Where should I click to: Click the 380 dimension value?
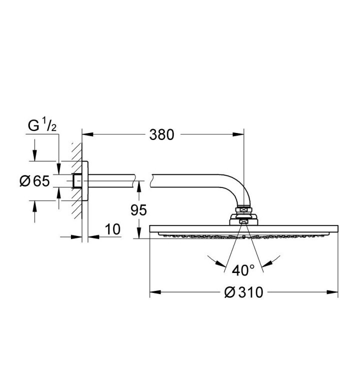coord(161,135)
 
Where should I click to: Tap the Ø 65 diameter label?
coord(34,181)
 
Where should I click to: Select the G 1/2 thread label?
coord(42,126)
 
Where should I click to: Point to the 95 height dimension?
coord(139,210)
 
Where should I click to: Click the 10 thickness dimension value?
coord(112,229)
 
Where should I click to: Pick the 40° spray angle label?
coord(243,270)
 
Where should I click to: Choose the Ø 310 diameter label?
coord(243,292)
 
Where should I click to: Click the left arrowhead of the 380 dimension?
coord(87,134)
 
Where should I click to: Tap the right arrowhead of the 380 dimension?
coord(238,134)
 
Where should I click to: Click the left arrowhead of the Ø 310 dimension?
coord(155,292)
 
